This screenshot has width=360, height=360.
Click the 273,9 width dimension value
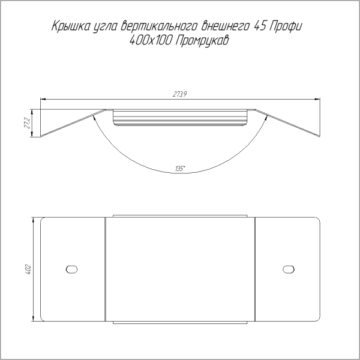click(180, 94)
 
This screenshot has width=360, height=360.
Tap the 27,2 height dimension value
click(27, 123)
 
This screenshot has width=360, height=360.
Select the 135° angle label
click(180, 169)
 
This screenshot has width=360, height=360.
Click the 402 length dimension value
click(28, 270)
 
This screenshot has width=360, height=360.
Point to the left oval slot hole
click(71, 269)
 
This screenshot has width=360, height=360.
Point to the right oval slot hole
click(289, 269)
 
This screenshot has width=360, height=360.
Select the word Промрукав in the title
click(202, 41)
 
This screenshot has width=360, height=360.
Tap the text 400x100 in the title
click(151, 41)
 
